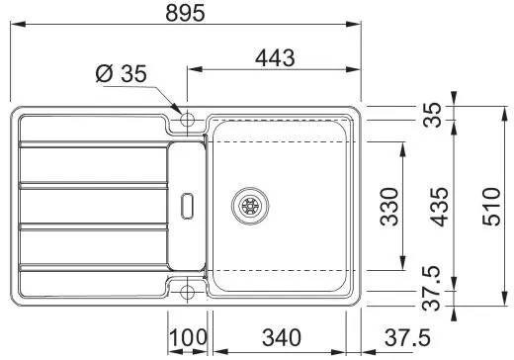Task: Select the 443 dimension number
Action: [274, 58]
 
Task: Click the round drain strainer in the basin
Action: [248, 206]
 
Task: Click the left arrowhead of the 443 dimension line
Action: [192, 71]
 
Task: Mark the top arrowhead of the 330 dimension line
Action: [403, 146]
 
